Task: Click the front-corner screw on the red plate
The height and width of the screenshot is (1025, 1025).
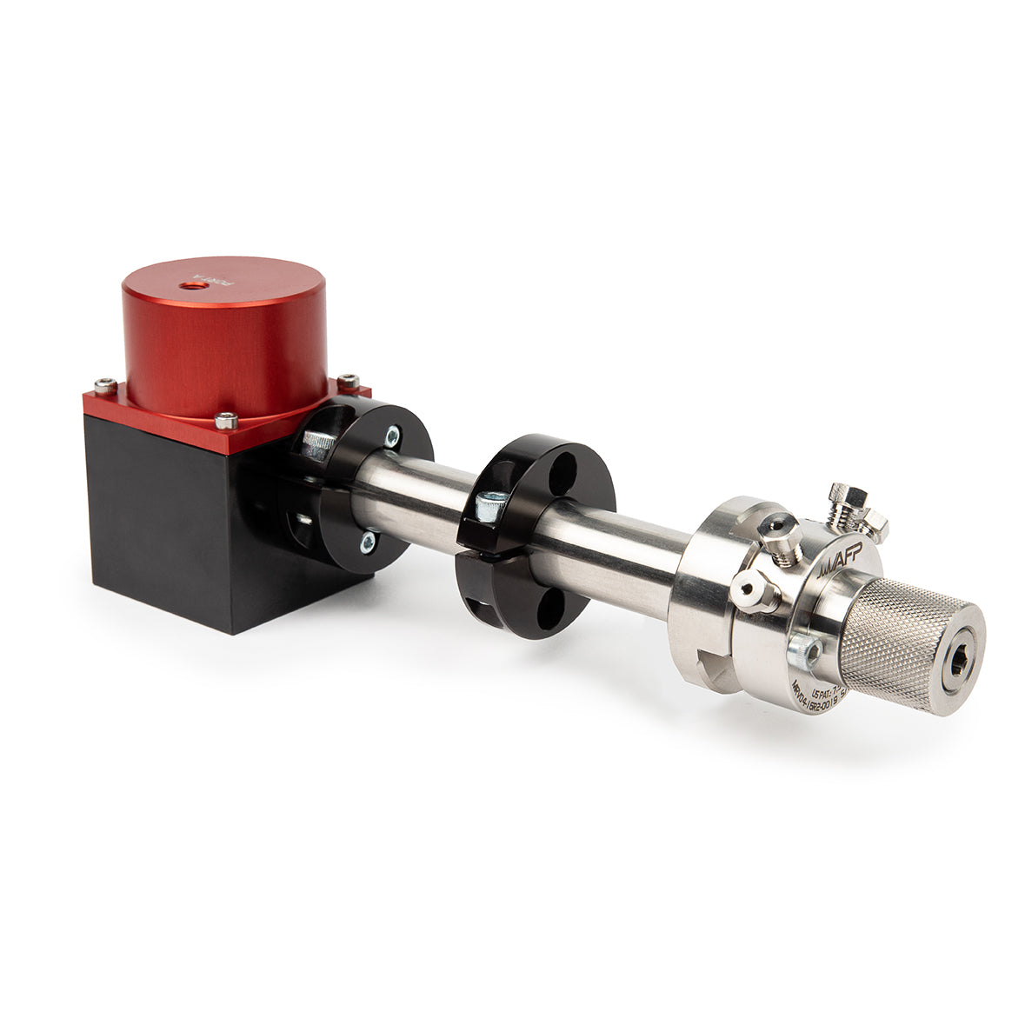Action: click(x=226, y=421)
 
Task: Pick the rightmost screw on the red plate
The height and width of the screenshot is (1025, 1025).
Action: click(x=348, y=381)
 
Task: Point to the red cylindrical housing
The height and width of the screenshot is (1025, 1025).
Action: click(x=224, y=339)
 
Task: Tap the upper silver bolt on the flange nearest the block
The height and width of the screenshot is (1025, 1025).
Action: click(x=392, y=433)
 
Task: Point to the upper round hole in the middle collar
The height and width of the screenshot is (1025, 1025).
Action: click(x=564, y=469)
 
